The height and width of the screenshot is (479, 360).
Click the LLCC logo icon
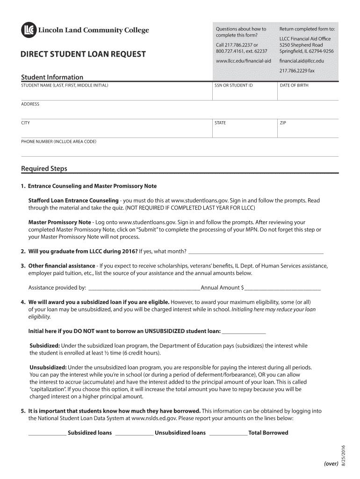pos(28,30)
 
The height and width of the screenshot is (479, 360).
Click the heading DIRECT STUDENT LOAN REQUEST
pos(83,54)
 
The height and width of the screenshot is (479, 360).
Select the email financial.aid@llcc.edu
pos(302,61)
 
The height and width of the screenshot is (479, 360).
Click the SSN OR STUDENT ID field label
pos(233,86)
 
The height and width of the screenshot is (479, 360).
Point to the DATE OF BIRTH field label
pos(294,86)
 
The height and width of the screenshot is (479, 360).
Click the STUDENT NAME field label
pos(65,86)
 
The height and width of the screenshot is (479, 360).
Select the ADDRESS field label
pos(30,104)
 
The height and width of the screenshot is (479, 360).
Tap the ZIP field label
pos(283,123)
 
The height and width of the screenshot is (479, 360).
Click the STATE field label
pos(220,123)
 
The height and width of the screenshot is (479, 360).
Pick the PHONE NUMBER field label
pos(58,141)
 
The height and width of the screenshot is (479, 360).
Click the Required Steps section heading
pos(44,168)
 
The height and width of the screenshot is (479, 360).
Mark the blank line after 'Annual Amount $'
pos(282,288)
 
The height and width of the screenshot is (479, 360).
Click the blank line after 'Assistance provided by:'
pos(144,288)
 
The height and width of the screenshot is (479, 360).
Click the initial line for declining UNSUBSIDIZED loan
pos(244,332)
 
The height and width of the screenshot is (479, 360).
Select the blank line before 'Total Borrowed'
pos(228,433)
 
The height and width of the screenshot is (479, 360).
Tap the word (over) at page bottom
pos(331,463)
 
